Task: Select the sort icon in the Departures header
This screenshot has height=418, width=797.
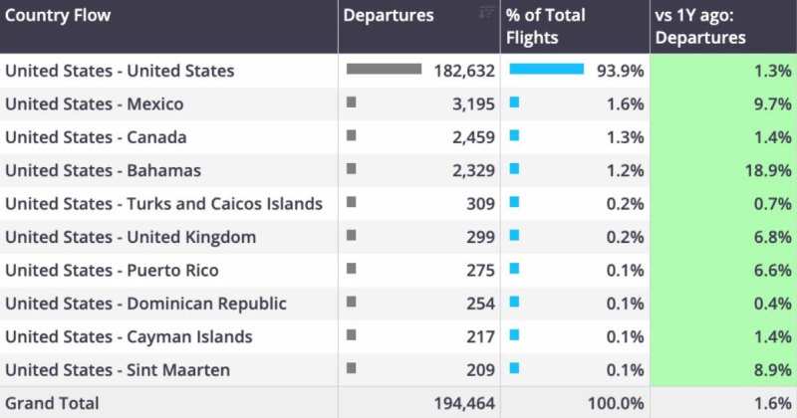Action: coord(486,12)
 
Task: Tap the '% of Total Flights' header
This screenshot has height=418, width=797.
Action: coord(546,27)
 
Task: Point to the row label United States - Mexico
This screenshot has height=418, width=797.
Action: coord(95,104)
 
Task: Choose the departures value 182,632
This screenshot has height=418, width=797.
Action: coord(464,71)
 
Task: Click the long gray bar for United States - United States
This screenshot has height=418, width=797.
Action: coord(384,70)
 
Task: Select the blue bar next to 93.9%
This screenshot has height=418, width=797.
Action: coord(546,70)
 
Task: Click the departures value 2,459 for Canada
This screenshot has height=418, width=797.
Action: coord(473,137)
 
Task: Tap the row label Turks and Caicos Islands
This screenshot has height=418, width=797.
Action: coord(164,204)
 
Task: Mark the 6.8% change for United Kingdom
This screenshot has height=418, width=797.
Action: coord(772,237)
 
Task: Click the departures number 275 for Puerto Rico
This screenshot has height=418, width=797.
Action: coord(480,271)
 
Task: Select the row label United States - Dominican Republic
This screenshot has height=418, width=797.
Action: coord(145,304)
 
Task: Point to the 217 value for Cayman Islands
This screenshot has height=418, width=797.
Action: coord(480,337)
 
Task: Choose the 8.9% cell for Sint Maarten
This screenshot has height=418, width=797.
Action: coord(772,370)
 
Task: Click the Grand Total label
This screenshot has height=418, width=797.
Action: coord(52,403)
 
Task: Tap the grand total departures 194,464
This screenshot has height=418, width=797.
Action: coord(464,403)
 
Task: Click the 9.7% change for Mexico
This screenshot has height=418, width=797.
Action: coord(772,104)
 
